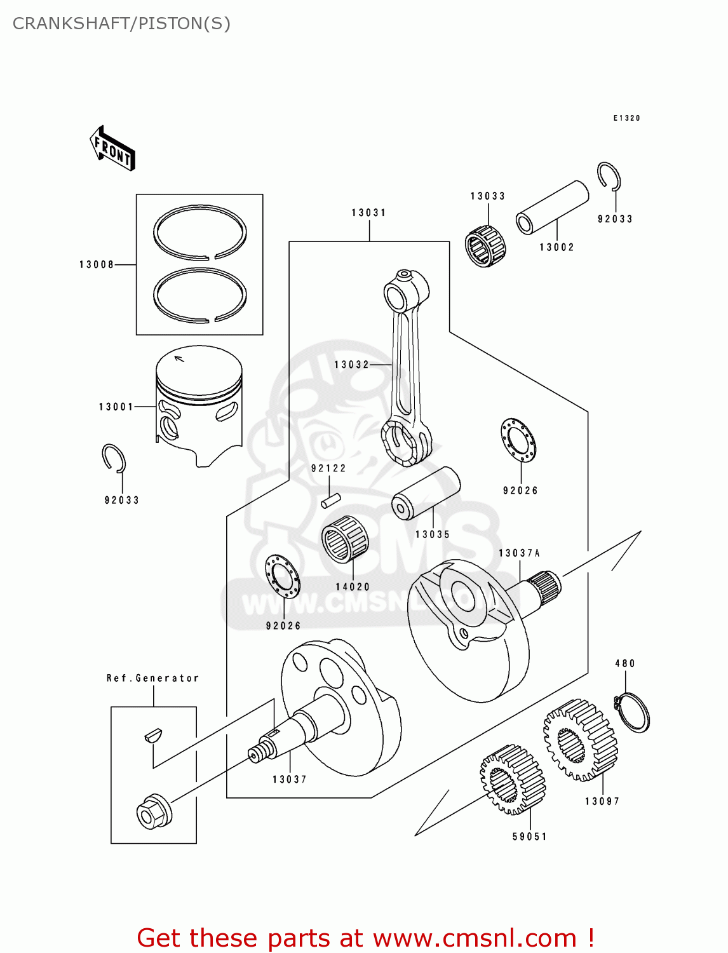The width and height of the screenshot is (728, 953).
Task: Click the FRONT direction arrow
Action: (113, 148)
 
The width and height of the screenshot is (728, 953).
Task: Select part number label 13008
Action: (97, 264)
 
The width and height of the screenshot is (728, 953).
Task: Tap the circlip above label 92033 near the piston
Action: (114, 458)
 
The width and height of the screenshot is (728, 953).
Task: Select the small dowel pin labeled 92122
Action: (331, 501)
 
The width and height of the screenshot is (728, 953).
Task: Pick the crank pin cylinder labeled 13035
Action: (425, 493)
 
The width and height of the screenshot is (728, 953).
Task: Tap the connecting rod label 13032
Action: (351, 365)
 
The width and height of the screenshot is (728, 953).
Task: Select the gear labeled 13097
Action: (581, 740)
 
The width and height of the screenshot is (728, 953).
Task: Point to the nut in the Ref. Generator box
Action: (154, 813)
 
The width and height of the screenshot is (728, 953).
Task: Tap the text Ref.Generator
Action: (152, 678)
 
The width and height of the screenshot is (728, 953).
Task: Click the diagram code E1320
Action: (626, 118)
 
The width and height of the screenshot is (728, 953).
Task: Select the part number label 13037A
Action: (519, 553)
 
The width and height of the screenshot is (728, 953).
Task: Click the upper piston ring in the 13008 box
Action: (199, 232)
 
